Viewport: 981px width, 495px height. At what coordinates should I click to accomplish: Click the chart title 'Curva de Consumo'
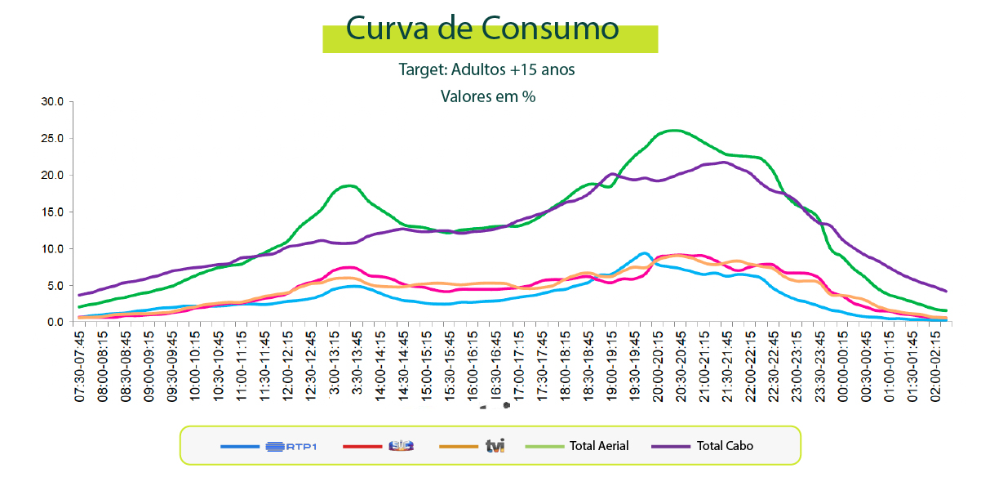[x=482, y=28]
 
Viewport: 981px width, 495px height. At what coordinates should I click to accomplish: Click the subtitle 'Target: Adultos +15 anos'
[x=486, y=69]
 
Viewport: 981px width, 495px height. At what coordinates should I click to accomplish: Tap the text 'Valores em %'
[x=488, y=96]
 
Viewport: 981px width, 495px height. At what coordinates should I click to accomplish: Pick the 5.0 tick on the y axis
[x=55, y=286]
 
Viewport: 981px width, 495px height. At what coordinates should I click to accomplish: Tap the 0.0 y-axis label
[x=55, y=323]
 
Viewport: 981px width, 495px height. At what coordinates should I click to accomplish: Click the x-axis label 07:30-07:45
[x=79, y=366]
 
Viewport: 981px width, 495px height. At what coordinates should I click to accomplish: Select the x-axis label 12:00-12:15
[x=287, y=366]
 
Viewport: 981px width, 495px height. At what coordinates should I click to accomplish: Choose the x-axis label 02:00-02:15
[x=935, y=366]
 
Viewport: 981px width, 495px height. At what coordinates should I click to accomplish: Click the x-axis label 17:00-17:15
[x=518, y=366]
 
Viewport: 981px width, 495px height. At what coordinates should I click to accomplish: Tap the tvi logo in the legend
[x=495, y=446]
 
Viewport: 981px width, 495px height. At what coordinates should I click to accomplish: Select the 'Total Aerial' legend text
[x=599, y=446]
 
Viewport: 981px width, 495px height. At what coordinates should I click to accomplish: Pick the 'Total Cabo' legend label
[x=725, y=446]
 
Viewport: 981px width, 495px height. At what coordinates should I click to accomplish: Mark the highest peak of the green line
[x=674, y=130]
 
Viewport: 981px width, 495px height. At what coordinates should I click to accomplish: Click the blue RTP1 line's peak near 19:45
[x=644, y=253]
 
